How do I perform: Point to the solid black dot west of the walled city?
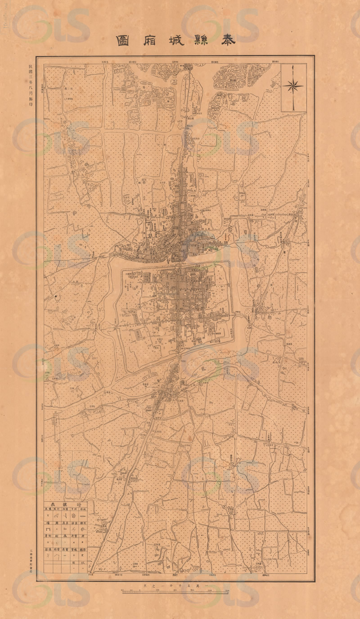point(56,296)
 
